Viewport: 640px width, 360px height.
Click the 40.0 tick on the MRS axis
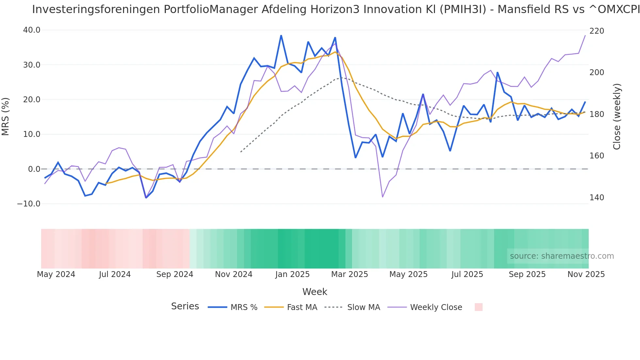[x=31, y=30]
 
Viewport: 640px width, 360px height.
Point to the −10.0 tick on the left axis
[x=29, y=204]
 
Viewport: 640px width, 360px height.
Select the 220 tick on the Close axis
[x=597, y=31]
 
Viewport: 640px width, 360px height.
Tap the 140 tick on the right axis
[x=597, y=198]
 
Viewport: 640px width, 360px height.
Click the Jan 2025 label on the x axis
[x=292, y=274]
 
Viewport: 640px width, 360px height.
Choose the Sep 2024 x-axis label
[x=175, y=274]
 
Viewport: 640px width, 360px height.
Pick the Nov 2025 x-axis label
[x=586, y=274]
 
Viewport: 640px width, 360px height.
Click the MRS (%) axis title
[x=6, y=116]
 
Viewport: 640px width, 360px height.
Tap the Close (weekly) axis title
[x=616, y=116]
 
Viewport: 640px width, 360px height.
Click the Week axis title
[x=314, y=292]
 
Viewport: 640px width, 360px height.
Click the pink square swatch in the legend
[x=478, y=307]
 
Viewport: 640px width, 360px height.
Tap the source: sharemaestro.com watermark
[x=562, y=256]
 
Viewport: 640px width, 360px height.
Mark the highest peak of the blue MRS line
[x=281, y=35]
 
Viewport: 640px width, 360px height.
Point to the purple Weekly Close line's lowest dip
[x=382, y=197]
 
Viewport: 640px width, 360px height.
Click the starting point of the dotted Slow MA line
[x=241, y=152]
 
